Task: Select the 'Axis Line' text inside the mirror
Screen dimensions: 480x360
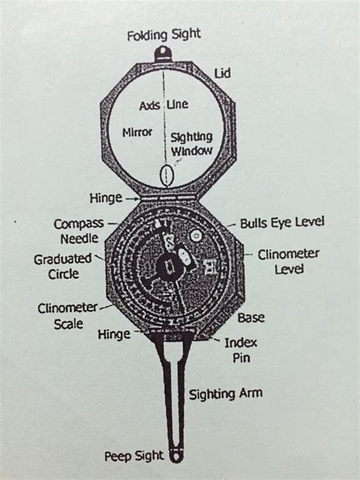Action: coord(163,105)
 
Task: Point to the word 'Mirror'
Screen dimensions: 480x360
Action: coord(137,132)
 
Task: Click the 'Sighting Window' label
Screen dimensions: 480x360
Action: coord(191,144)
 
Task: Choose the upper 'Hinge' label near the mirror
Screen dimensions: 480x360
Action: coord(105,197)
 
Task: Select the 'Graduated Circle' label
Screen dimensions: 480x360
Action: coord(63,266)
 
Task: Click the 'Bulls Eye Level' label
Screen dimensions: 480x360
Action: coord(282,222)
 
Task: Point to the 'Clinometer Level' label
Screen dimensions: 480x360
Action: coord(289,261)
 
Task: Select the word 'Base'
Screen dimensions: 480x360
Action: coord(251,317)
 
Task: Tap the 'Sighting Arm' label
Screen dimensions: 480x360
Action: coord(225,393)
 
